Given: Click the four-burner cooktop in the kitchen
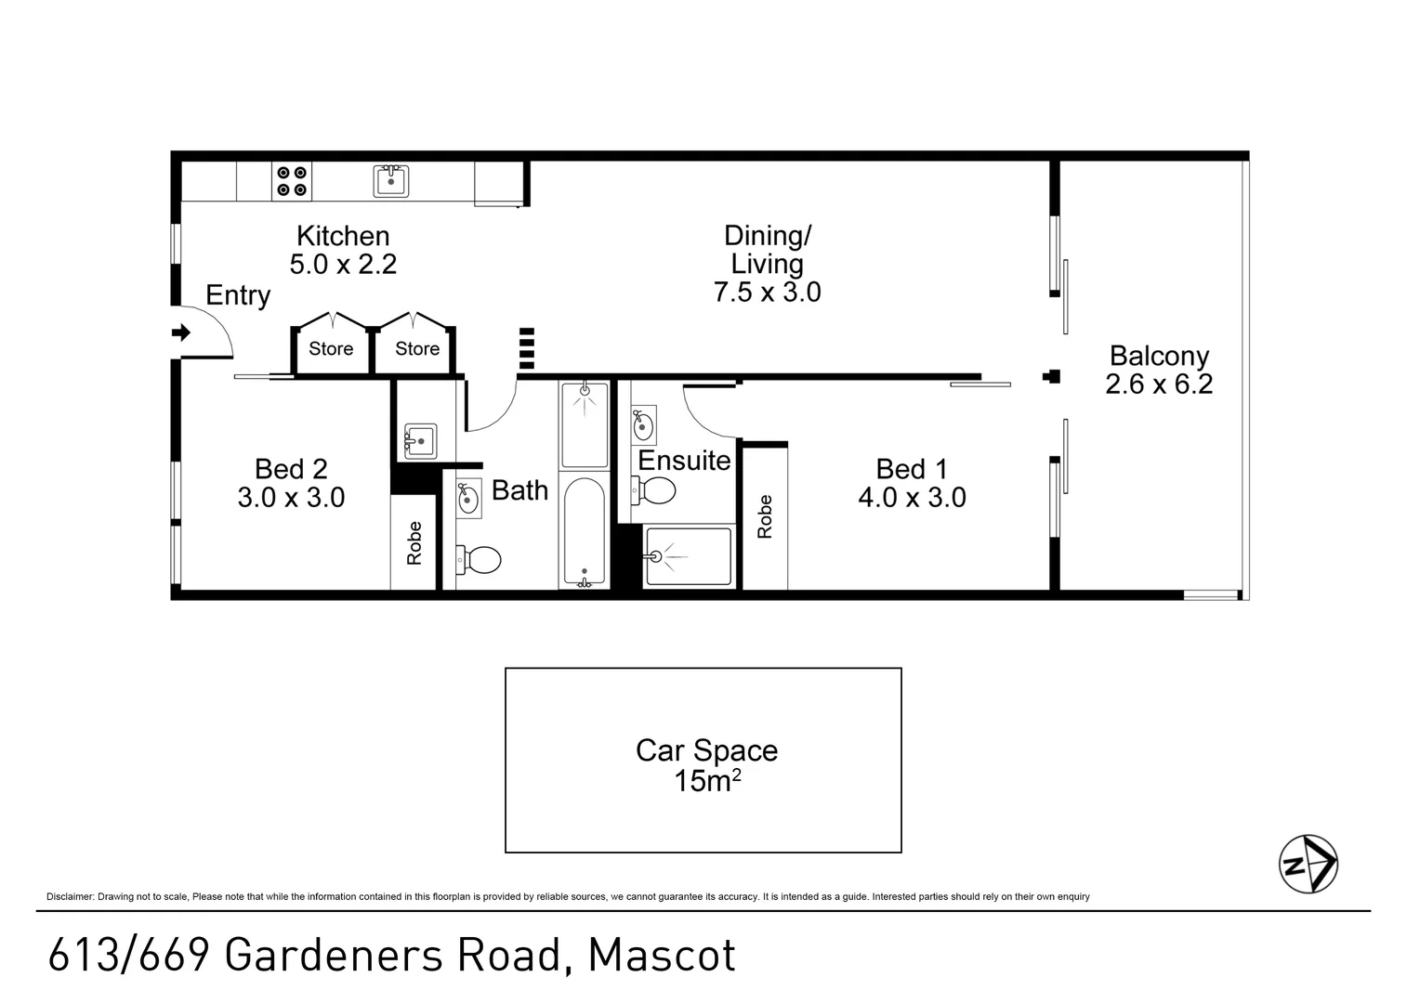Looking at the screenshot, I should coord(292,181).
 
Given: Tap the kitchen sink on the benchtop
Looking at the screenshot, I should coord(391,181).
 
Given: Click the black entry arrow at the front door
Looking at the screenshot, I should coord(181,332).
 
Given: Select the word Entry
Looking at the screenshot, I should coord(238,295).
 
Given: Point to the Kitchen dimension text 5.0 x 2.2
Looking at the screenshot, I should coord(343,265).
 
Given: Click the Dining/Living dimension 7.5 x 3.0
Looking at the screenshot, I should coord(767,293).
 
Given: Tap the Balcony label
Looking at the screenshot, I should coord(1159,356).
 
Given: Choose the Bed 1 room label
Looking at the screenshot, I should coord(911,469).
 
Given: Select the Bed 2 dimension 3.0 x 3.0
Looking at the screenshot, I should coord(291,498).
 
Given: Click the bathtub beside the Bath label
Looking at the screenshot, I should coord(584,532).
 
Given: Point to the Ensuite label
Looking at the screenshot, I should coord(684,461).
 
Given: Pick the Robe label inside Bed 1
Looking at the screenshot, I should coord(765,516).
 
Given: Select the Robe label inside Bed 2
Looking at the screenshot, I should coord(414,543).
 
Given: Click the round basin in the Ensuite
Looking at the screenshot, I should coord(642,425).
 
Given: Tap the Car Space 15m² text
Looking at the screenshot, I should coord(706,765).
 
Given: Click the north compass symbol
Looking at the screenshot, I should coord(1308,864).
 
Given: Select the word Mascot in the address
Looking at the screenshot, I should coord(662,956).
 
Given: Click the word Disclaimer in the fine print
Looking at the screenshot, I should coord(70,896).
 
